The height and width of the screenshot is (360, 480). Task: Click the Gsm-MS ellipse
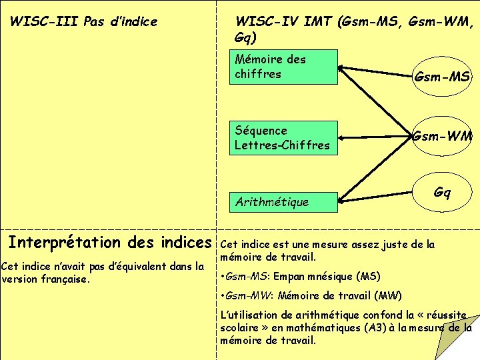442,77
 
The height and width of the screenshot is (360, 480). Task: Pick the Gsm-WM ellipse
442,137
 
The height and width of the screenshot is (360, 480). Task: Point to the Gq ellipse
442,193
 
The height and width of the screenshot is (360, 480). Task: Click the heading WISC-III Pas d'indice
83,21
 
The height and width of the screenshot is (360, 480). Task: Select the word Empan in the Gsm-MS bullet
291,276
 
